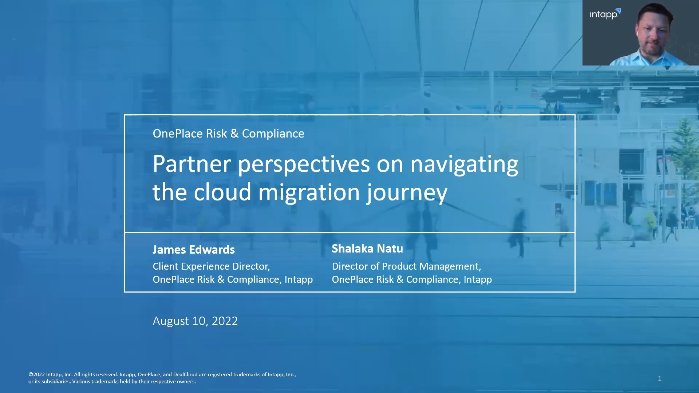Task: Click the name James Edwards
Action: pyautogui.click(x=194, y=250)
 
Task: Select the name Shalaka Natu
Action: pyautogui.click(x=367, y=249)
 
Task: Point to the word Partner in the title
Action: pyautogui.click(x=192, y=164)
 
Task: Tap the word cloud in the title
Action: pyautogui.click(x=222, y=192)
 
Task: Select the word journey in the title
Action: pyautogui.click(x=407, y=194)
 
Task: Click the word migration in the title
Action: pyautogui.click(x=309, y=193)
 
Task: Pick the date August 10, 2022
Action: pyautogui.click(x=195, y=321)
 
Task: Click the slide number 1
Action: pyautogui.click(x=659, y=378)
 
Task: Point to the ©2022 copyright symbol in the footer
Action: pyautogui.click(x=31, y=374)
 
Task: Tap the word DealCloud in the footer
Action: pyautogui.click(x=185, y=374)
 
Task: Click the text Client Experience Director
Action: pyautogui.click(x=211, y=266)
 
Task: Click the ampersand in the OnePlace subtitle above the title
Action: pyautogui.click(x=234, y=134)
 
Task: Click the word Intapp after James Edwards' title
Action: pyautogui.click(x=299, y=280)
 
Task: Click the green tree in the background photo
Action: pyautogui.click(x=684, y=153)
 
